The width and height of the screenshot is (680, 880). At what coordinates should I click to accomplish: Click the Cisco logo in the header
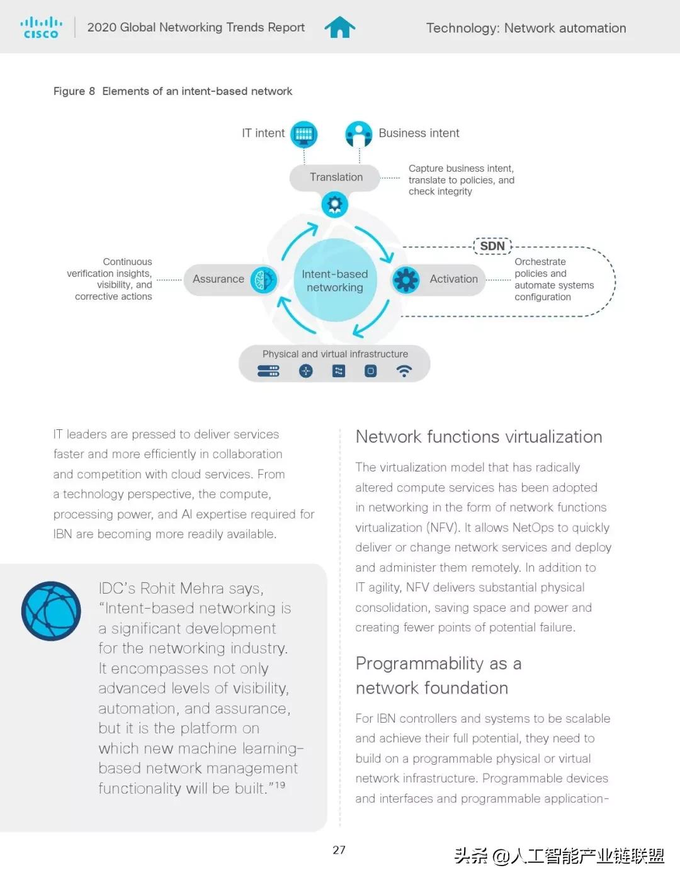pos(41,28)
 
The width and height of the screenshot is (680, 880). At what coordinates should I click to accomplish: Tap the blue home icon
pos(340,27)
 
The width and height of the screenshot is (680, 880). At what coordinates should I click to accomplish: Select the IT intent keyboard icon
pos(304,133)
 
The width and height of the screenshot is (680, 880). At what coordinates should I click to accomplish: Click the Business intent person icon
pos(359,133)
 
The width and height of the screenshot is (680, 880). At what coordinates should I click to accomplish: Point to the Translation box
pos(335,178)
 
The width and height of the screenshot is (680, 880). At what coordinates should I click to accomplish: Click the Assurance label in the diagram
pos(218,279)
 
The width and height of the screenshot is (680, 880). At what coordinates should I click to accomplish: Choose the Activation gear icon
pos(406,279)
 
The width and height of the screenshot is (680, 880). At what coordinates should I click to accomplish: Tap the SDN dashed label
pos(492,246)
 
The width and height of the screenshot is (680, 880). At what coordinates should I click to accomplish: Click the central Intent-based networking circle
pos(335,281)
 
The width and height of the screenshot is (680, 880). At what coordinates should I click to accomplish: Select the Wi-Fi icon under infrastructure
pos(404,371)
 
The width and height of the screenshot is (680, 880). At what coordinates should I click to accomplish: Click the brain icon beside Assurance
pos(263,279)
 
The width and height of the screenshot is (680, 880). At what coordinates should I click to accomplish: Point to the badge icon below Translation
pos(335,205)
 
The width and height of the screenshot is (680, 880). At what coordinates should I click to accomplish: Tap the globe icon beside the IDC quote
pos(51,611)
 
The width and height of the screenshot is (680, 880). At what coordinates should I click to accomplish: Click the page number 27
pos(339,850)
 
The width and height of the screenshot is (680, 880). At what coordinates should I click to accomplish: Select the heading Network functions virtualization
pos(479,437)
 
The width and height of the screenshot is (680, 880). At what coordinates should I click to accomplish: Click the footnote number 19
pos(280,785)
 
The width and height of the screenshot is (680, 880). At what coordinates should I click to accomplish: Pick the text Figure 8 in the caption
pos(74,91)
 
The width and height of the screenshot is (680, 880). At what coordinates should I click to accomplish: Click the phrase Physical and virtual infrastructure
pos(335,354)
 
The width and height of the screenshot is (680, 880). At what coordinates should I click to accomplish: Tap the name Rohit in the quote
pos(160,589)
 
